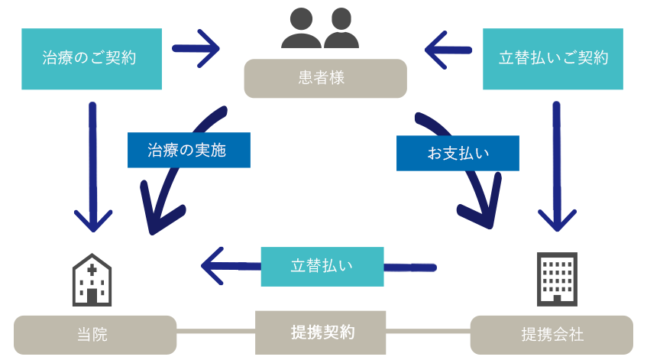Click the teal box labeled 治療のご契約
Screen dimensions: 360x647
pyautogui.click(x=92, y=58)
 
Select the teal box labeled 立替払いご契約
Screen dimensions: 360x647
pyautogui.click(x=553, y=58)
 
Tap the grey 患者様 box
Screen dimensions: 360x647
pyautogui.click(x=325, y=78)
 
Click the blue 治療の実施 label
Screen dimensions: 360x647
pyautogui.click(x=188, y=150)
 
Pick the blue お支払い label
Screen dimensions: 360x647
pyautogui.click(x=457, y=153)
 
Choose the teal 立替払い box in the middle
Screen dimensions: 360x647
pyautogui.click(x=322, y=266)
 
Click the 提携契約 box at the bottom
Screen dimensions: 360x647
pyautogui.click(x=321, y=332)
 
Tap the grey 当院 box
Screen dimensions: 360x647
pyautogui.click(x=95, y=335)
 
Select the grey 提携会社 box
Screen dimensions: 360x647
pyautogui.click(x=552, y=335)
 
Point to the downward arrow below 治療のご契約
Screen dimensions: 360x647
pyautogui.click(x=93, y=168)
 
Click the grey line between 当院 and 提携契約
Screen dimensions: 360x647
pyautogui.click(x=215, y=332)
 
